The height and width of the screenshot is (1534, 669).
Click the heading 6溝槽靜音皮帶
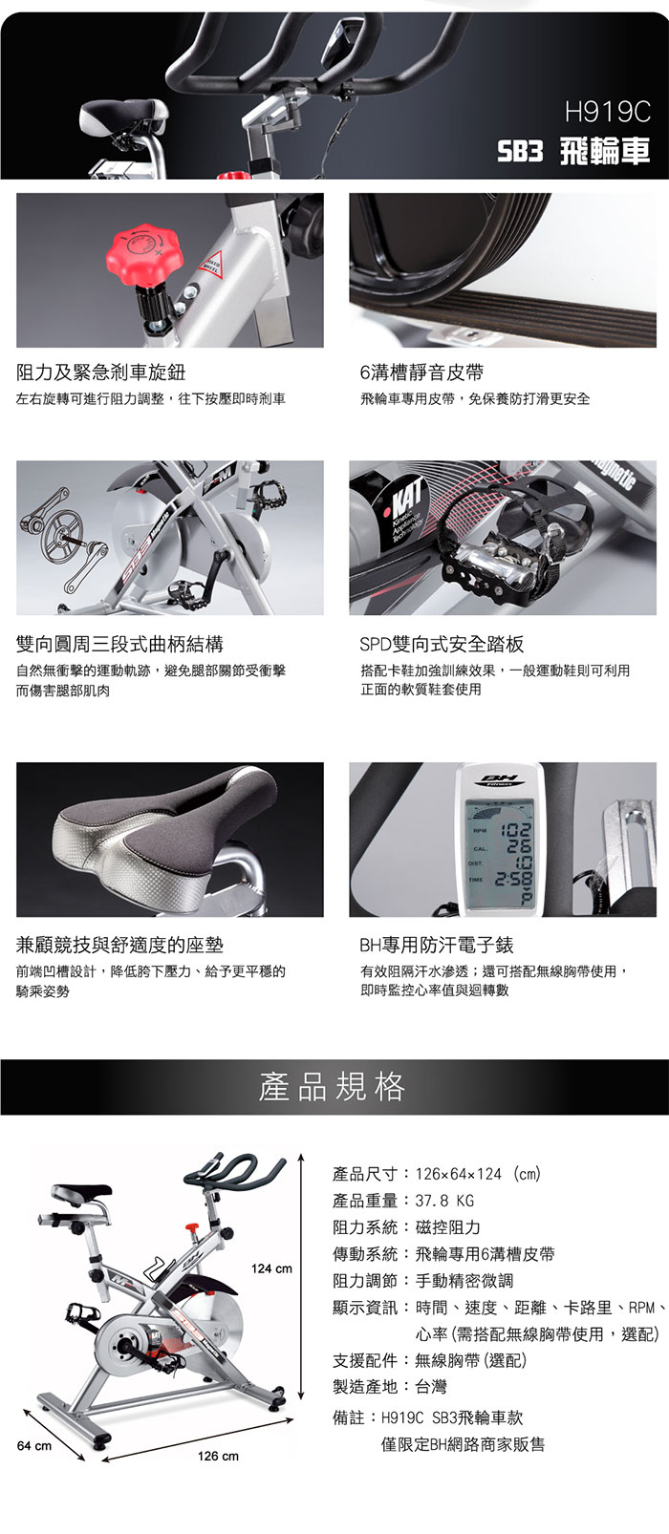[x=421, y=373]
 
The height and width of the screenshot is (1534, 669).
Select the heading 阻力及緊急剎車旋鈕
[x=100, y=373]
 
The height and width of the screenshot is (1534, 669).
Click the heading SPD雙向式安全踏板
[x=442, y=644]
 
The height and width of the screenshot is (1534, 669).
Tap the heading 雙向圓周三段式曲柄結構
[x=120, y=644]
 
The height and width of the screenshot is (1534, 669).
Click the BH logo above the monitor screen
[x=503, y=778]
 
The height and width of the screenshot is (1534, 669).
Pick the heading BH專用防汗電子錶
[x=437, y=945]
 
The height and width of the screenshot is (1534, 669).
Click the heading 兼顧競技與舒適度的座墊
[x=120, y=945]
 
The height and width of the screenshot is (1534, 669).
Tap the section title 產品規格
[x=333, y=1087]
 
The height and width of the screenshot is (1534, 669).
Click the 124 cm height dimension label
[x=271, y=1269]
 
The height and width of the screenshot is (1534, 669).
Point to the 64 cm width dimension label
[x=34, y=1446]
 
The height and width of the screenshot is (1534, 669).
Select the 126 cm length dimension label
[x=218, y=1457]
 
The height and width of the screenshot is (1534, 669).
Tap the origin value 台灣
[x=431, y=1387]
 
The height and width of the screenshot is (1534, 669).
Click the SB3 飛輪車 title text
[x=573, y=152]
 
